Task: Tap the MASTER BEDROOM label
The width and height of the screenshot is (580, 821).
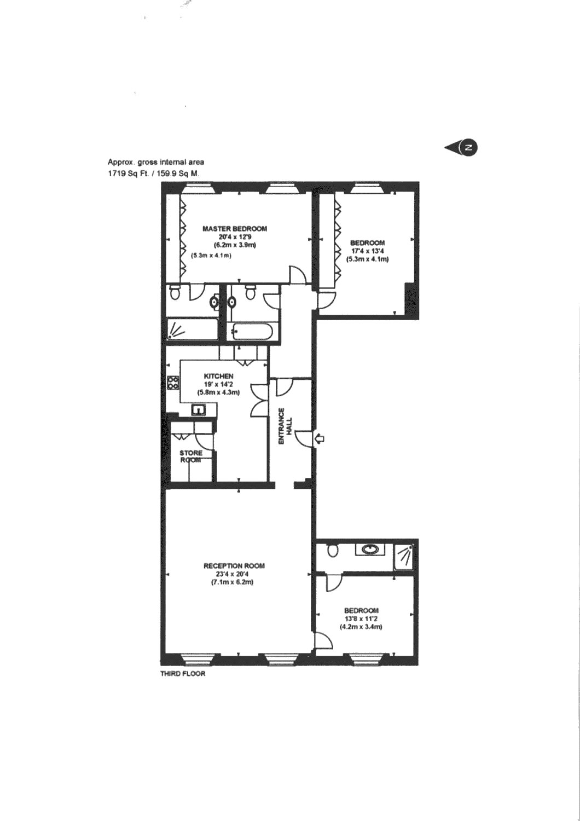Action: point(235,229)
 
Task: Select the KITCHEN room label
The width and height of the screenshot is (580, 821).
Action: point(219,376)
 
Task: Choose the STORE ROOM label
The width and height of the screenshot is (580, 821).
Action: point(190,456)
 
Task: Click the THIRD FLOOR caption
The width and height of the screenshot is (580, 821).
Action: point(183,674)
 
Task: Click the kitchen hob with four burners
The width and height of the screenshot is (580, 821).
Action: point(173,383)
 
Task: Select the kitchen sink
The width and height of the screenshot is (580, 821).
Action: point(198,409)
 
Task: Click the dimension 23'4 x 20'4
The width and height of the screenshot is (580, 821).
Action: point(234,574)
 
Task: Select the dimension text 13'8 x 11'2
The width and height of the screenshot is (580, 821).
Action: point(361,618)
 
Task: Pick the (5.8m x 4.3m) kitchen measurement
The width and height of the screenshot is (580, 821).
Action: point(219,392)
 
